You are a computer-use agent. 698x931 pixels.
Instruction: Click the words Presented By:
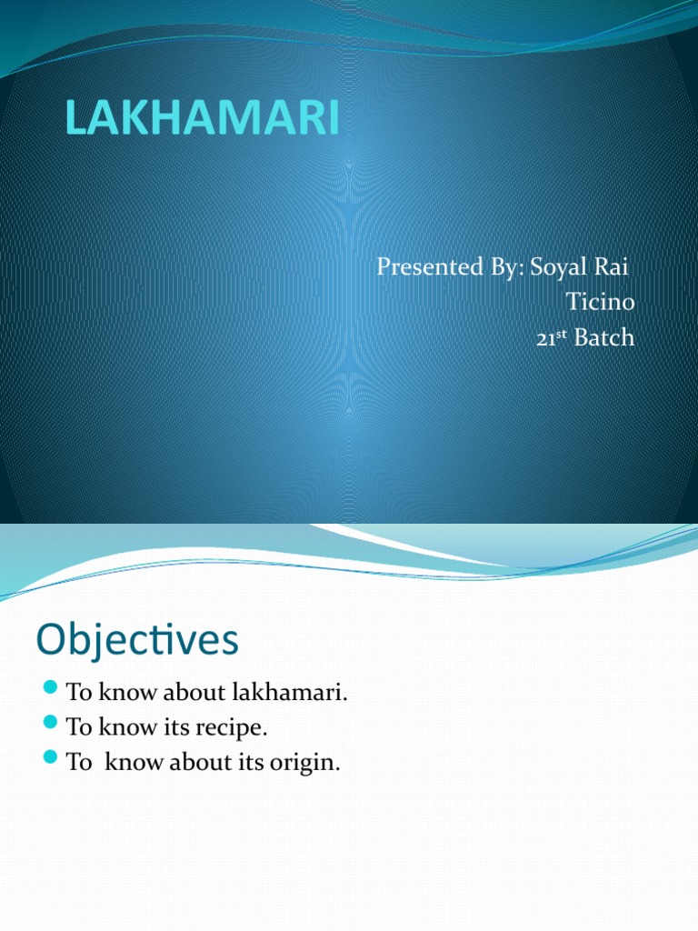(x=444, y=268)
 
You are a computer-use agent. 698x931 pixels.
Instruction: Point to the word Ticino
(x=601, y=303)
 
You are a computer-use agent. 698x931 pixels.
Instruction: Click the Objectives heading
(x=137, y=640)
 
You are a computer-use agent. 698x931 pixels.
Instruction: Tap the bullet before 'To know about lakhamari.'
(x=50, y=687)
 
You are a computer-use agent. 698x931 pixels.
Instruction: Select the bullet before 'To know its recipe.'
(x=50, y=723)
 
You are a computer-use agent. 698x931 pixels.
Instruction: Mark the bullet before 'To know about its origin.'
(x=50, y=757)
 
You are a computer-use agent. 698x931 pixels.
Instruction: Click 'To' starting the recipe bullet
(x=78, y=728)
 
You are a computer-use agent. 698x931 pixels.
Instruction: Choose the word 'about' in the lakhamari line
(x=191, y=693)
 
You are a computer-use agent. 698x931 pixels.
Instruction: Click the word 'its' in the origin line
(x=249, y=763)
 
